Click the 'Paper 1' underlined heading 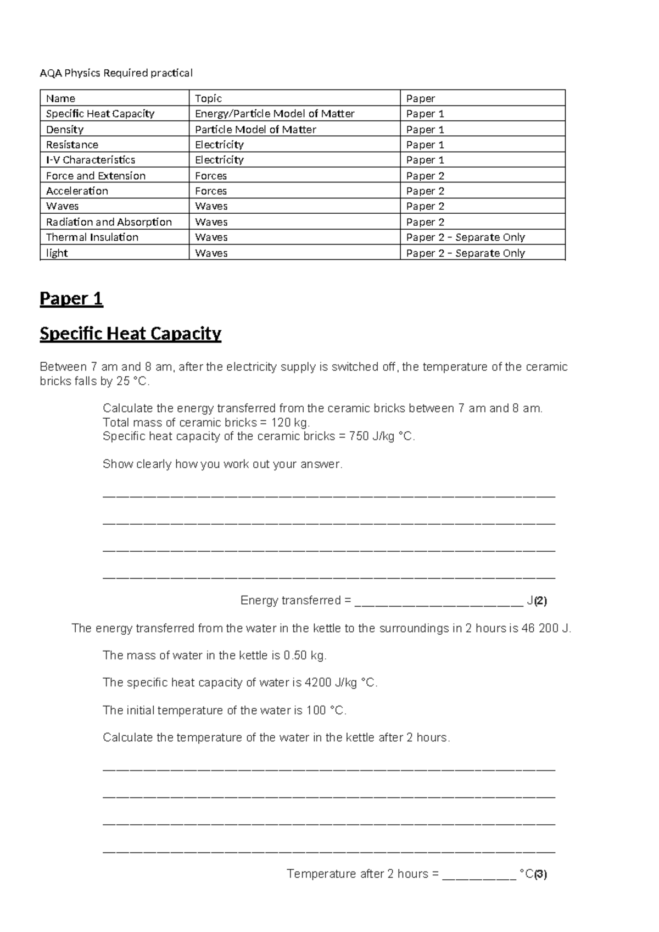click(71, 299)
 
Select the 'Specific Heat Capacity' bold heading click(130, 334)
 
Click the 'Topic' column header click(208, 98)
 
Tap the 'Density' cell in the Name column click(65, 130)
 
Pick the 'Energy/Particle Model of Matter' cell click(275, 114)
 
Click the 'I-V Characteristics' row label click(91, 160)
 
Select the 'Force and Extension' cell click(96, 176)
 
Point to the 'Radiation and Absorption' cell click(109, 222)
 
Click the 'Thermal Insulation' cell click(92, 237)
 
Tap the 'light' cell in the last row click(57, 253)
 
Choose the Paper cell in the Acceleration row click(425, 191)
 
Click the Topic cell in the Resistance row click(219, 145)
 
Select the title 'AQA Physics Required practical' click(116, 73)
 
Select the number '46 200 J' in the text click(546, 628)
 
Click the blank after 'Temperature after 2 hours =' click(479, 874)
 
